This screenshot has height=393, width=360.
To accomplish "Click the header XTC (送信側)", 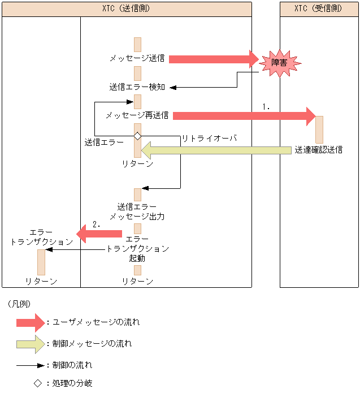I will pyautogui.click(x=127, y=9).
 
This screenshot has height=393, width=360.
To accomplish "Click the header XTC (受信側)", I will pyautogui.click(x=319, y=9).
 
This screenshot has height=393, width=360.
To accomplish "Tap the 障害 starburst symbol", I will pyautogui.click(x=279, y=62).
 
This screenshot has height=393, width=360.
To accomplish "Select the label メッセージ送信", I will pyautogui.click(x=137, y=58).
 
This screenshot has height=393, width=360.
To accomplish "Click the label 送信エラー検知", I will pyautogui.click(x=137, y=87).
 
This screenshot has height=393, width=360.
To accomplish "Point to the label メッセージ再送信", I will pyautogui.click(x=137, y=115).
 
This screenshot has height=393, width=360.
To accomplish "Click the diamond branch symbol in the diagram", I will pyautogui.click(x=137, y=136).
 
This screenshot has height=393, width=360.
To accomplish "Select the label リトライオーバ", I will pyautogui.click(x=209, y=139).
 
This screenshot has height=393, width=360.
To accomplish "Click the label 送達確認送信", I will pyautogui.click(x=318, y=150).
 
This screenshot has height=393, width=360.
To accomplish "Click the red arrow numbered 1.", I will pyautogui.click(x=243, y=115).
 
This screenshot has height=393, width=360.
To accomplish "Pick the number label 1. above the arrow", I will pyautogui.click(x=266, y=106).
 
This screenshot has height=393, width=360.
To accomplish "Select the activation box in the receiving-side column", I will pyautogui.click(x=319, y=129).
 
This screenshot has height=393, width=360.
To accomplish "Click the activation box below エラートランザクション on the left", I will pyautogui.click(x=41, y=262).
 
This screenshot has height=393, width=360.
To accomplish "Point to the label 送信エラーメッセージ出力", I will pyautogui.click(x=137, y=211).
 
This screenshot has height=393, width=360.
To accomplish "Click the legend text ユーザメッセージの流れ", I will pyautogui.click(x=96, y=322).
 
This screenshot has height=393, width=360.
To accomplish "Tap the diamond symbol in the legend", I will pyautogui.click(x=37, y=383).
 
